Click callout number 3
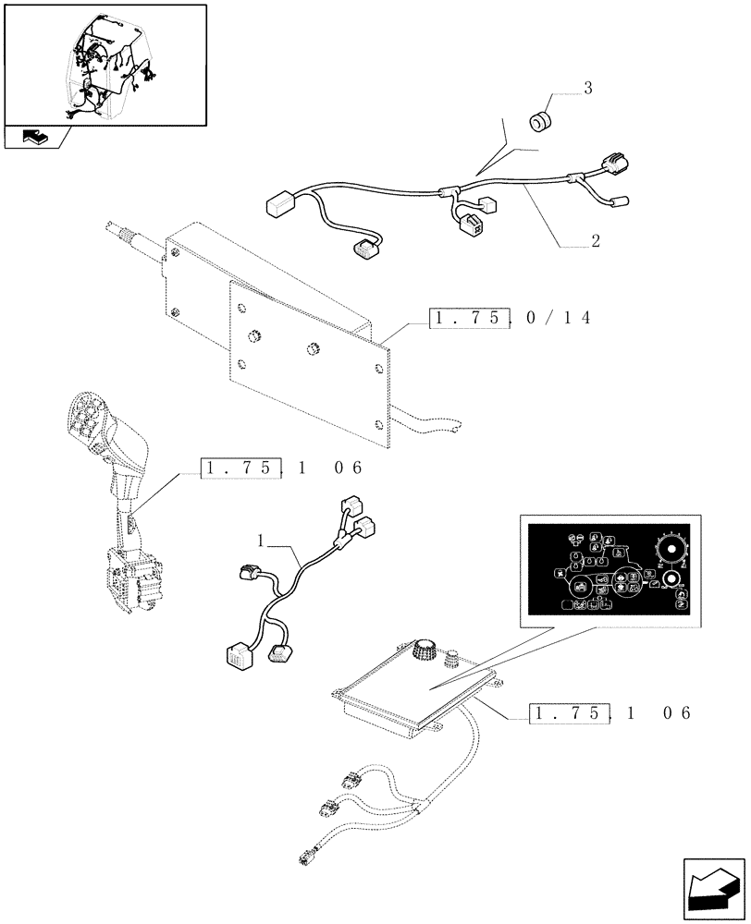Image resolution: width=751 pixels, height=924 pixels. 587,89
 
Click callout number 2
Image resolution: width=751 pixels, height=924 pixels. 596,242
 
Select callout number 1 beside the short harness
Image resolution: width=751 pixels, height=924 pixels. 262,538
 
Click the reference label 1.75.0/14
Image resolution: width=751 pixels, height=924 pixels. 510,318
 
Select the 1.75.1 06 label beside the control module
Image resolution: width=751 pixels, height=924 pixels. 610,713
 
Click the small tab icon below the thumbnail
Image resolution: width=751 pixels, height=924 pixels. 32,138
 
